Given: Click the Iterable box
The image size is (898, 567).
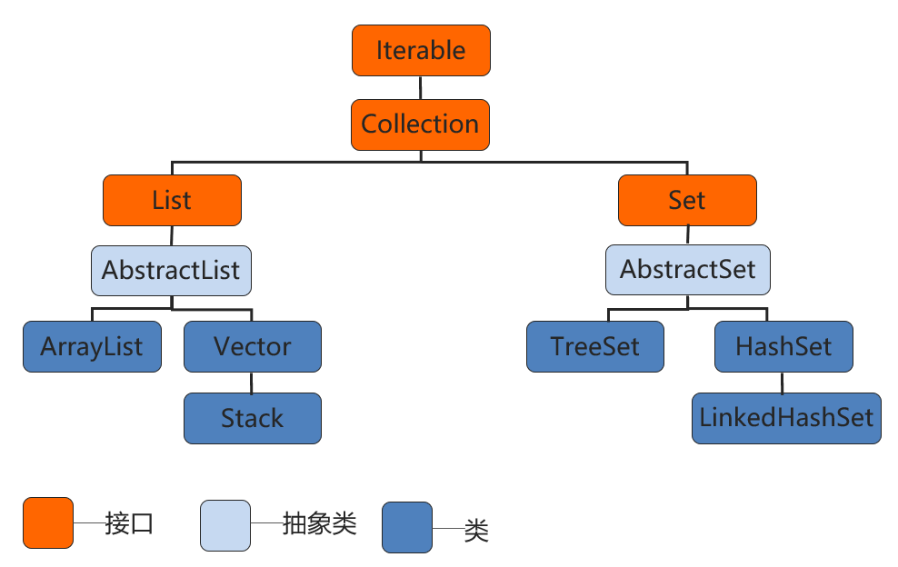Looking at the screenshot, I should coord(421,51).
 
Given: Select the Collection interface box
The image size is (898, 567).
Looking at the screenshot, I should coord(421,124).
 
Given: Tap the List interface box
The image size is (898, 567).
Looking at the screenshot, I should coord(172,201).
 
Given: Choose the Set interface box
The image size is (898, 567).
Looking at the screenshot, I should coord(687,201).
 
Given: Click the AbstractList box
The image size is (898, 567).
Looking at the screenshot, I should coord(171,271).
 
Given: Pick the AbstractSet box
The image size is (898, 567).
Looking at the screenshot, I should coord(687,271).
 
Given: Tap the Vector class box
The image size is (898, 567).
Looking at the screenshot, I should coord(253,347).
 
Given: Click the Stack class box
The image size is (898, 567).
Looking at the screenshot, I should coord(253,418).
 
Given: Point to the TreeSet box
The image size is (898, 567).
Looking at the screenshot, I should coord(595,347).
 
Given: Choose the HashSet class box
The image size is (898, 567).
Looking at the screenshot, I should coord(783,347).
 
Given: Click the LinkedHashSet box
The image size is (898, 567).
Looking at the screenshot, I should coord(786,418).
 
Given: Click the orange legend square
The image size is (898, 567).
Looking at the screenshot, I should coord(48,523).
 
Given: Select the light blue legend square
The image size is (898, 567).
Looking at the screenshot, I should coord(225,524).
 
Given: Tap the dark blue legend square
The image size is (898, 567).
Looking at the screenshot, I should coord(407,527).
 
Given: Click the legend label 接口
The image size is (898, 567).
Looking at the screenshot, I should coord(128,524).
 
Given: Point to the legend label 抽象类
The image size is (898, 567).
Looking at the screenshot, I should coord(319,524).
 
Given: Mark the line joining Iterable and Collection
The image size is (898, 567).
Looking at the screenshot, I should coord(421,87).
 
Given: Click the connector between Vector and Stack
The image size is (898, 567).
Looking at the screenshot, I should coord(253,383).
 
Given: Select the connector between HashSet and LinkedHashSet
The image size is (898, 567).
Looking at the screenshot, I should coord(783,383).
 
